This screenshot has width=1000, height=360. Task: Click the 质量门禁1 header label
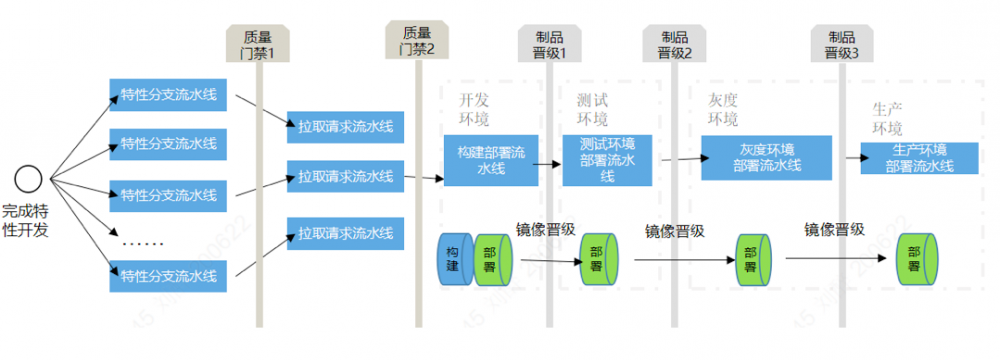pyautogui.click(x=258, y=43)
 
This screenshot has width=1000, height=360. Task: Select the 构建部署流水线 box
pyautogui.click(x=492, y=159)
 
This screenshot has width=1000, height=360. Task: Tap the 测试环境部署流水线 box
pyautogui.click(x=607, y=159)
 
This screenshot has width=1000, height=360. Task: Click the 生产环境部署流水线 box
pyautogui.click(x=919, y=158)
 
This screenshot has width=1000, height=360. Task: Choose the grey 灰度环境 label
pyautogui.click(x=723, y=110)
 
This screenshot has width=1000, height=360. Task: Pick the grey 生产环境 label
pyautogui.click(x=887, y=118)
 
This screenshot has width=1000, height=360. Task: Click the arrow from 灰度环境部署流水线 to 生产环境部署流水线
pyautogui.click(x=848, y=157)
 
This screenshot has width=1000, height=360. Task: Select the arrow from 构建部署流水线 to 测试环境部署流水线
pyautogui.click(x=550, y=159)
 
